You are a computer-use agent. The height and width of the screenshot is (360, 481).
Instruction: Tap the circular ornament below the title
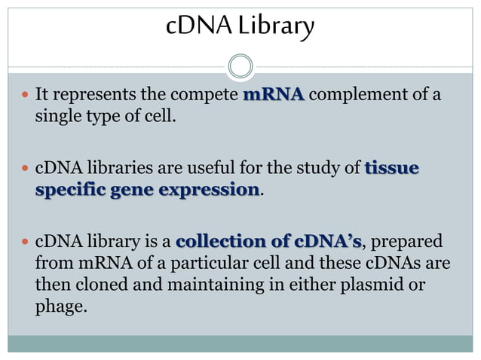tap(240, 66)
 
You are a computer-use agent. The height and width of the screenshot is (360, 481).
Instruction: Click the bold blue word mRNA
tap(274, 96)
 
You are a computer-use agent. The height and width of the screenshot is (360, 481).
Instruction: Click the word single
tap(60, 117)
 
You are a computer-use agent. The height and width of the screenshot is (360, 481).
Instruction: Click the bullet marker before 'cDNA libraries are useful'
tap(25, 168)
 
